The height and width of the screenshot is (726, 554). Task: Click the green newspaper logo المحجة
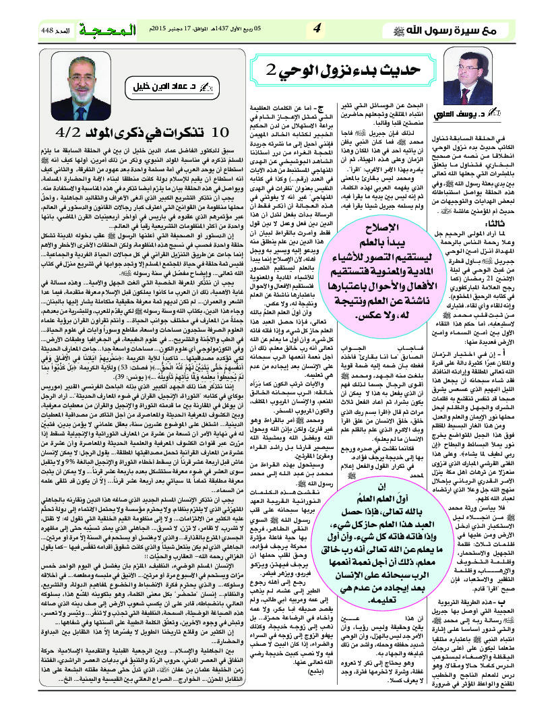click(x=103, y=30)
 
